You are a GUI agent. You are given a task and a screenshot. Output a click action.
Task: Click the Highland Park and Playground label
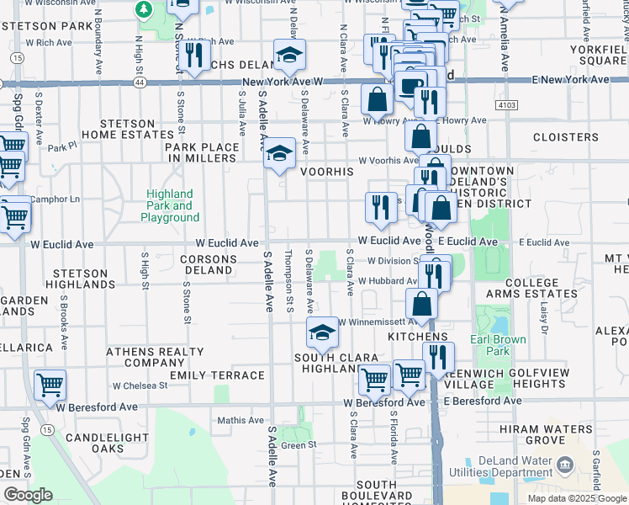pos(170,205)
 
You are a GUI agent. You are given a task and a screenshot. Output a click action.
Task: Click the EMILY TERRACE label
pos(217,375)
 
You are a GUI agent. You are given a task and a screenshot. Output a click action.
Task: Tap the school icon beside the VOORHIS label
pos(278,154)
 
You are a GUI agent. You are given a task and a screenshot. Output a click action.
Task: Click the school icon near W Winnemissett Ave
pos(321,334)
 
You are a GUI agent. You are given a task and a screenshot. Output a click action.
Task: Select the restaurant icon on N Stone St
pos(193,55)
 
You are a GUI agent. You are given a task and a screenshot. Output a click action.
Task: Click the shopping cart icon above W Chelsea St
pos(50,385)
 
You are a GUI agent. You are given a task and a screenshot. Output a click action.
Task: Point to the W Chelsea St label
pos(140,385)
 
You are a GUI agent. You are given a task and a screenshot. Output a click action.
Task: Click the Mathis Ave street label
pos(240,420)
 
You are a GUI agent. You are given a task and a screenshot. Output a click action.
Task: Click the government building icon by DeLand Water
pos(564,465)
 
